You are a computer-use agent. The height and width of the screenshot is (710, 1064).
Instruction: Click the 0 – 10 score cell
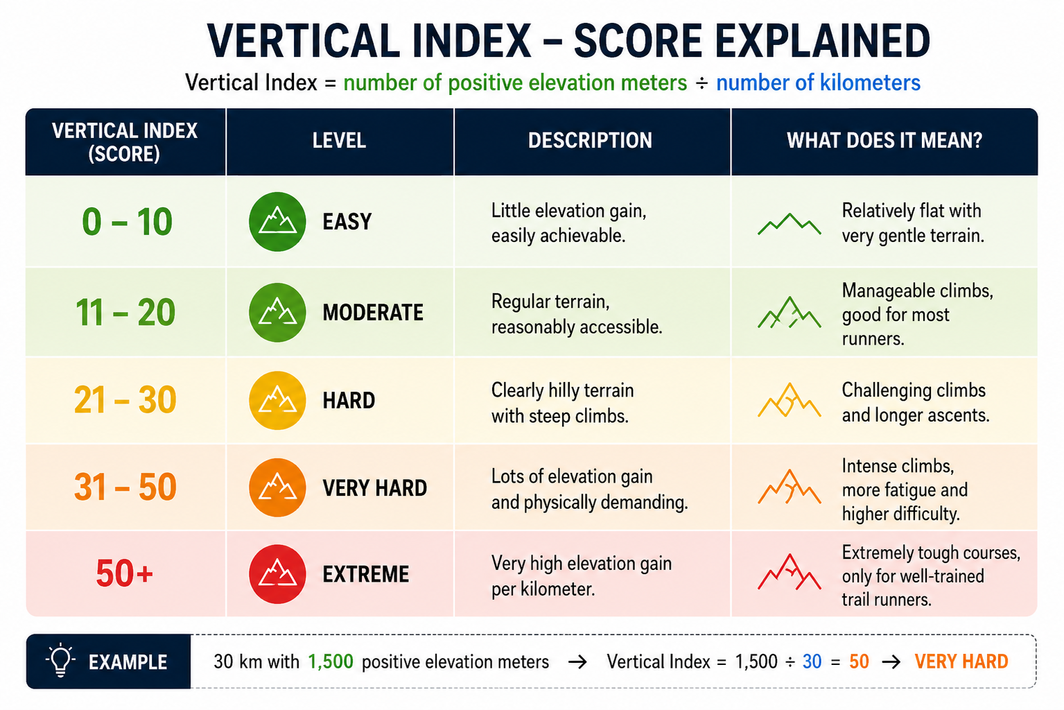(x=127, y=222)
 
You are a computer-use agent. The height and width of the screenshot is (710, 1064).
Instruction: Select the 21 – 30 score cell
(x=125, y=400)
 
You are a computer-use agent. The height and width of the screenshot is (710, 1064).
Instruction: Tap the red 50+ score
(x=125, y=573)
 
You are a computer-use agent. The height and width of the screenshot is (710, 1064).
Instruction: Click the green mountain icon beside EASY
(x=277, y=221)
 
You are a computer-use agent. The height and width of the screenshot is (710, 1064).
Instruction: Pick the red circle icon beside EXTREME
(x=277, y=574)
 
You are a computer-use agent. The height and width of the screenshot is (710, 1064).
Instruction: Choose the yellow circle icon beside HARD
(x=277, y=400)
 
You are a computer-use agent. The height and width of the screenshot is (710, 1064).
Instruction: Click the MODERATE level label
(x=373, y=313)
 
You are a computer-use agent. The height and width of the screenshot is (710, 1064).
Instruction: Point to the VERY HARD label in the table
(x=375, y=488)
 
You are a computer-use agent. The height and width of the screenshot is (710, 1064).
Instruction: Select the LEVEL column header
(x=339, y=141)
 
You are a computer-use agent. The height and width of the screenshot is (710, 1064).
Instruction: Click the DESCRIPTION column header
(x=590, y=141)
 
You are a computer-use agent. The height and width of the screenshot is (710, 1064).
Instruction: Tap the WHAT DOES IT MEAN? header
(x=884, y=141)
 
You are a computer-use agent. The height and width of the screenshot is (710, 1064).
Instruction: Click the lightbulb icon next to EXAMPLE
(x=60, y=659)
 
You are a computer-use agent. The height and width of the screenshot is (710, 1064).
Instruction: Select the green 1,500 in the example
(x=331, y=661)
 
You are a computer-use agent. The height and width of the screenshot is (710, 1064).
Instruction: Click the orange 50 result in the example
(x=859, y=661)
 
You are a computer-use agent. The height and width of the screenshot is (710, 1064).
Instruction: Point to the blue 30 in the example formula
(x=812, y=661)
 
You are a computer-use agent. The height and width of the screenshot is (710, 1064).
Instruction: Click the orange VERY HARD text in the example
(x=961, y=661)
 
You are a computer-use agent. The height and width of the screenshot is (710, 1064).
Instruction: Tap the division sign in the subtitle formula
(x=701, y=83)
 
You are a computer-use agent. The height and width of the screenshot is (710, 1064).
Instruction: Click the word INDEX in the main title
(x=471, y=41)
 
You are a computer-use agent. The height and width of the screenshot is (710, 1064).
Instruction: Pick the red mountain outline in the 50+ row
(x=790, y=572)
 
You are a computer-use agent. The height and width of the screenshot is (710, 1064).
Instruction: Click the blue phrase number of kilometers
(x=818, y=83)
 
